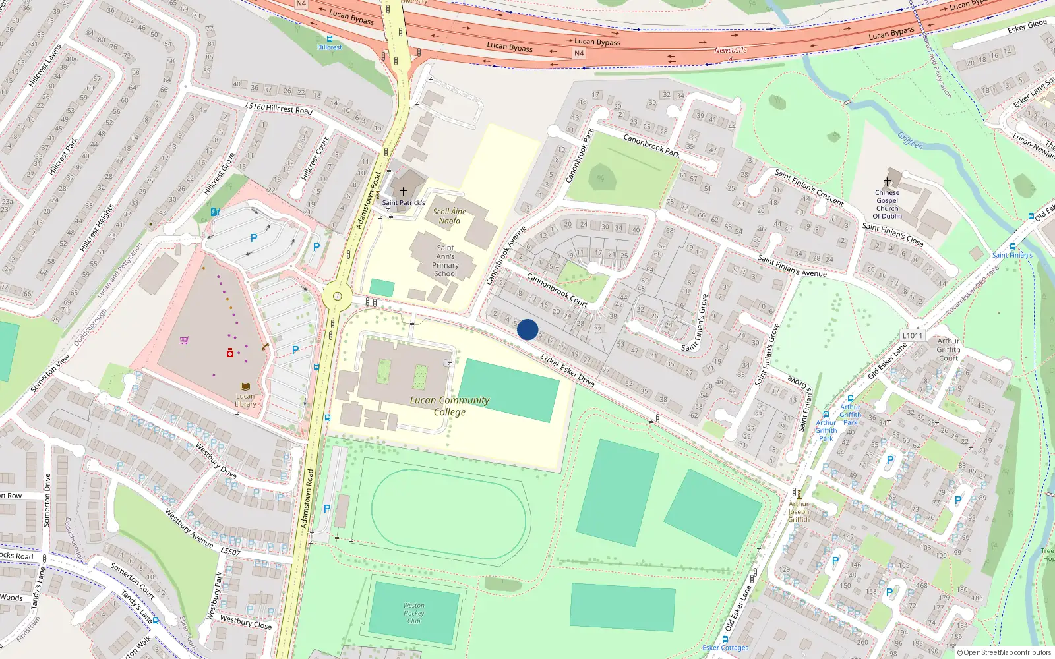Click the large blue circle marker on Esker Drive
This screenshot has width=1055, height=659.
(527, 329)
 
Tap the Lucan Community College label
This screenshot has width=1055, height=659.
(450, 406)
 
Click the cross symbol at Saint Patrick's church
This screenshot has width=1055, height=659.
(403, 192)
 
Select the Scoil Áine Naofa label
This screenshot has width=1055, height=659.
(449, 216)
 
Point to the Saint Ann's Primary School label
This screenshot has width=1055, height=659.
(445, 261)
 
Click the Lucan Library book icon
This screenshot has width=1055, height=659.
(245, 386)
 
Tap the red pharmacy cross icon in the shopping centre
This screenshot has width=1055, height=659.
(229, 353)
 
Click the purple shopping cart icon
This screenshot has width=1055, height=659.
(184, 341)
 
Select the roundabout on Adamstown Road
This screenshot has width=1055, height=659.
(338, 297)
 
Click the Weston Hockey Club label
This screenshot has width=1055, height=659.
(413, 613)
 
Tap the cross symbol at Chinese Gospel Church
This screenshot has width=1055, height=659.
(887, 182)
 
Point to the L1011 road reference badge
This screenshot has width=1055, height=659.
(912, 335)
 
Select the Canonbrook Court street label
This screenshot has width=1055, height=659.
(557, 291)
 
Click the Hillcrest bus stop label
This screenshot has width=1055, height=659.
(329, 47)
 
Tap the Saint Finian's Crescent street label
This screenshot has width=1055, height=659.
(809, 188)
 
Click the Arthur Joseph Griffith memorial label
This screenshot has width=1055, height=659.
(799, 511)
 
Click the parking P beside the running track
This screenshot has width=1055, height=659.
(327, 509)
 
